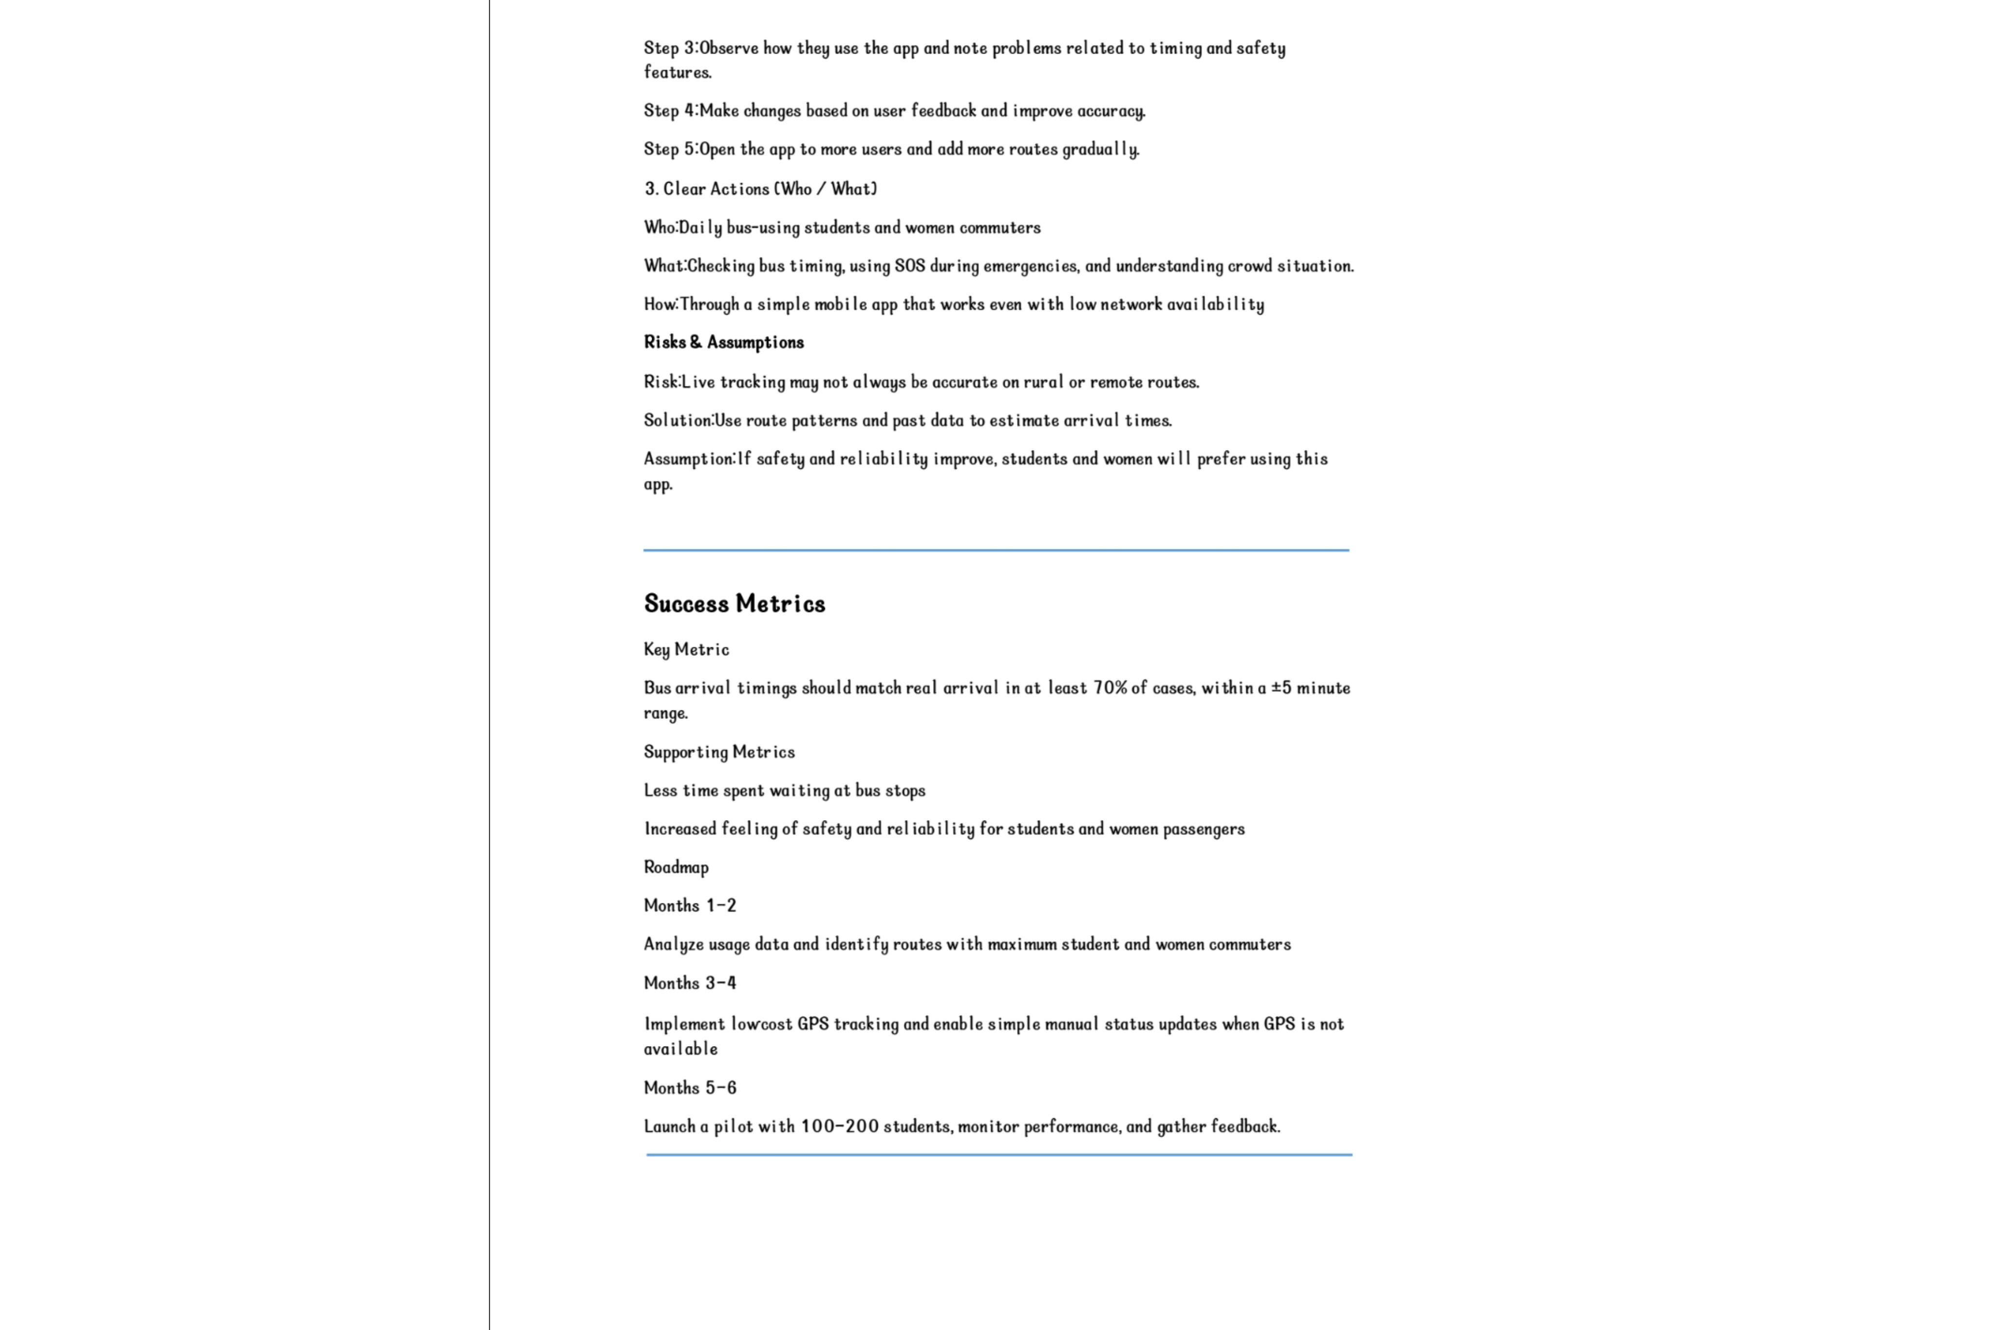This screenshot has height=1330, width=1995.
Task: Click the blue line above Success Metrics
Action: click(996, 550)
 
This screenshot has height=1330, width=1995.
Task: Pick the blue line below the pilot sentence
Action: click(998, 1154)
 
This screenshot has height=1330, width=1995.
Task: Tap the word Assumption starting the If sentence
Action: click(688, 458)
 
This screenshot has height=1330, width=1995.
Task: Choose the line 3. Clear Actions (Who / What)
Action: click(760, 188)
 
